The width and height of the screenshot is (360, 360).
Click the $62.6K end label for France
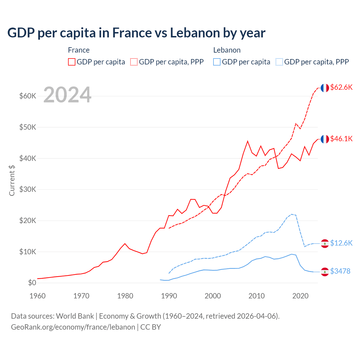(x=341, y=87)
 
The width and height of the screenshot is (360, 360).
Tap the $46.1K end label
(x=341, y=139)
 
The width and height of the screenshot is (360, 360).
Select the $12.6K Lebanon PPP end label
(x=341, y=243)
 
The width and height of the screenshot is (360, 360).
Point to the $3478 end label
(x=340, y=271)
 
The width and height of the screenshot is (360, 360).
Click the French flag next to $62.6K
(x=325, y=88)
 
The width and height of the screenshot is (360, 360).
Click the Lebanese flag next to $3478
(x=325, y=272)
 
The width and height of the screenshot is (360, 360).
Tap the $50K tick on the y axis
(x=28, y=127)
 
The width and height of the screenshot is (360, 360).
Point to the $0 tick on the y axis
(x=32, y=283)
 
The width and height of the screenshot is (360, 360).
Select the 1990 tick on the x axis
(x=169, y=296)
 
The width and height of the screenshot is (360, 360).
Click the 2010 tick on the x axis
(x=256, y=296)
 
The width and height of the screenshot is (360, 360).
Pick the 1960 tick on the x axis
(x=38, y=296)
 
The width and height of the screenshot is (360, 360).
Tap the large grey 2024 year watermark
(x=67, y=95)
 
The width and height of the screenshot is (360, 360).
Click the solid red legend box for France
(x=72, y=62)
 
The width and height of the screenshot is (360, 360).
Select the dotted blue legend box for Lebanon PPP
(x=279, y=62)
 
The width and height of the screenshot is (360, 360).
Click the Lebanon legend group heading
(x=227, y=50)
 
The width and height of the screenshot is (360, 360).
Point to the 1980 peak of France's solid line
(x=125, y=244)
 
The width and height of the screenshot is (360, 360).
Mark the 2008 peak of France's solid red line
(x=247, y=141)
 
